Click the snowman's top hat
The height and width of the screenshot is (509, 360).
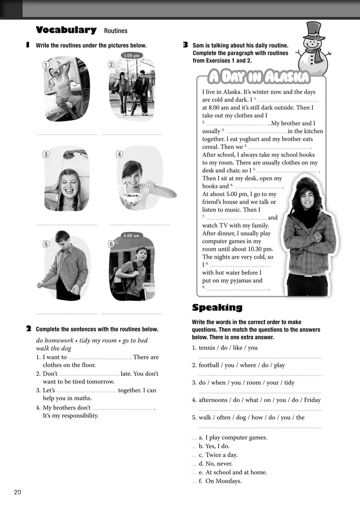click(x=314, y=29)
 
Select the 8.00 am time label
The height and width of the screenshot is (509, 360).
click(x=131, y=235)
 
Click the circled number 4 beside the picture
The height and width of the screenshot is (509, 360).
click(x=119, y=155)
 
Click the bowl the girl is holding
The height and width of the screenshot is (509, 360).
click(x=131, y=199)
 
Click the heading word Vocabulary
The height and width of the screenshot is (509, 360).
click(x=66, y=30)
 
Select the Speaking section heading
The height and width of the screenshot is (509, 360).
click(x=217, y=307)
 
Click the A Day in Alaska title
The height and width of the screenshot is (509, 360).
click(x=259, y=76)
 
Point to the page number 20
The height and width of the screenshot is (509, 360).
click(x=17, y=492)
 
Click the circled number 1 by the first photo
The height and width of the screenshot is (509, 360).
click(x=46, y=64)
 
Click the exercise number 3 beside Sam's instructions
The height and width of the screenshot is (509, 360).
click(x=185, y=45)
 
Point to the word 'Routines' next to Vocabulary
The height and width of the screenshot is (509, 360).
click(x=116, y=31)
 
